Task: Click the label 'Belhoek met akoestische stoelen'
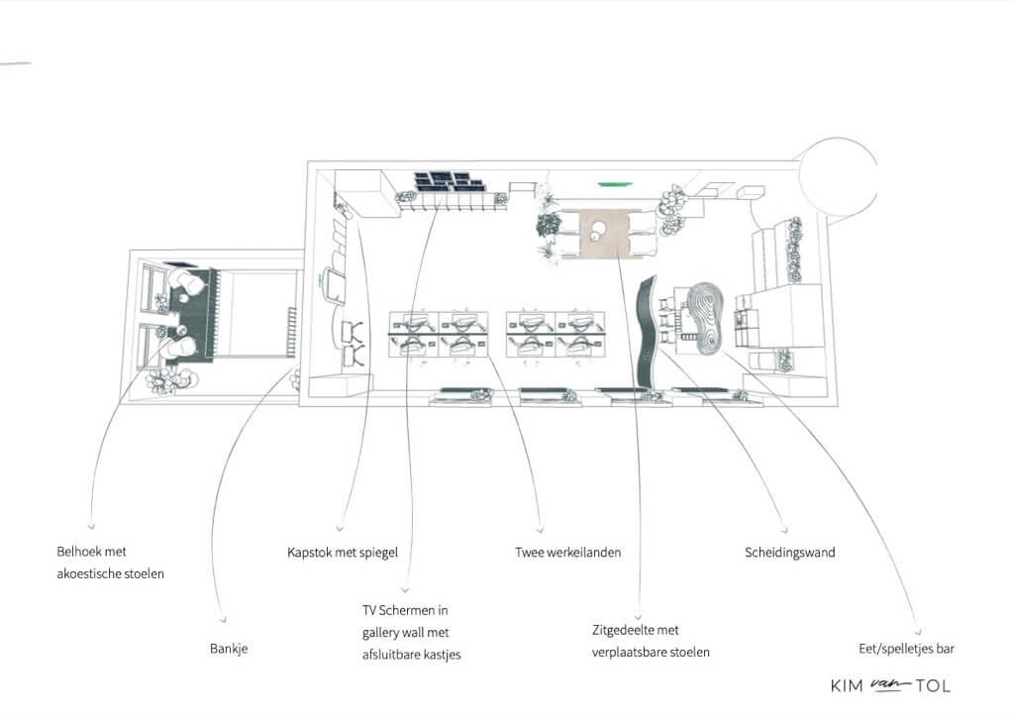pyautogui.click(x=110, y=563)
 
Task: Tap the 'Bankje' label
pyautogui.click(x=229, y=649)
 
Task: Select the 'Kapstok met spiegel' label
pyautogui.click(x=342, y=553)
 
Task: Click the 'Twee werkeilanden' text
pyautogui.click(x=567, y=553)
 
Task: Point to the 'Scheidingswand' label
pyautogui.click(x=789, y=553)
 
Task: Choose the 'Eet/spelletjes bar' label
pyautogui.click(x=907, y=649)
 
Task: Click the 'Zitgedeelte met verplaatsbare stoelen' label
pyautogui.click(x=651, y=641)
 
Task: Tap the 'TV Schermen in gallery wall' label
pyautogui.click(x=405, y=621)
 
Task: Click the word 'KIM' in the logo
pyautogui.click(x=848, y=686)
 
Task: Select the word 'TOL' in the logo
pyautogui.click(x=933, y=686)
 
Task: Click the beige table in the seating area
pyautogui.click(x=605, y=234)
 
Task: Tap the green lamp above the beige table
pyautogui.click(x=614, y=185)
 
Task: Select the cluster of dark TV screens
pyautogui.click(x=449, y=181)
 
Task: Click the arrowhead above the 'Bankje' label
pyautogui.click(x=223, y=619)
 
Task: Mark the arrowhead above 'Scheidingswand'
pyautogui.click(x=784, y=530)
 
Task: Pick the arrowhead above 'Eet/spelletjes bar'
pyautogui.click(x=918, y=632)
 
